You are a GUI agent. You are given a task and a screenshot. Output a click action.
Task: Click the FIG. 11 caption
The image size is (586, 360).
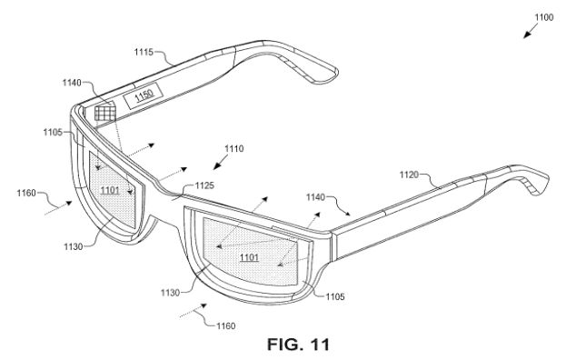pyautogui.click(x=298, y=345)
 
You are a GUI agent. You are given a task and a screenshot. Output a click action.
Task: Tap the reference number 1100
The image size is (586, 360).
pyautogui.click(x=544, y=17)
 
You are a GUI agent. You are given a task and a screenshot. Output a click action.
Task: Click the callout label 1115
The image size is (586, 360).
pyautogui.click(x=144, y=52)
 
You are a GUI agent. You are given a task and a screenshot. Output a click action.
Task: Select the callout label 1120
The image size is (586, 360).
pyautogui.click(x=409, y=175)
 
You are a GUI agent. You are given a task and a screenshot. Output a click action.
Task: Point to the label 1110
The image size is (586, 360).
pyautogui.click(x=234, y=148)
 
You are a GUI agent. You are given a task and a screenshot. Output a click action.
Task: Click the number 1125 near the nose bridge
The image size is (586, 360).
pyautogui.click(x=204, y=185)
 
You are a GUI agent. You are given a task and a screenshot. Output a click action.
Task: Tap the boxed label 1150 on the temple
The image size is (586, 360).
pyautogui.click(x=144, y=95)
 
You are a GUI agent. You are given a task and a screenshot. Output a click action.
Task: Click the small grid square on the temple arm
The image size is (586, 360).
pyautogui.click(x=105, y=113)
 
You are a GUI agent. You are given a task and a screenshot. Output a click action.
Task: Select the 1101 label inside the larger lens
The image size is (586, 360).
pyautogui.click(x=249, y=257)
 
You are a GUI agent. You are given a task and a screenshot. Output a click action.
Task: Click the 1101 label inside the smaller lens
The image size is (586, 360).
pyautogui.click(x=110, y=190)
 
